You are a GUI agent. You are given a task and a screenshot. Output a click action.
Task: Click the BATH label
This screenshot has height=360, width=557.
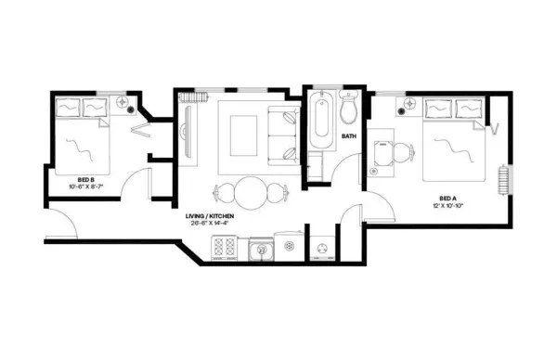click(349, 136)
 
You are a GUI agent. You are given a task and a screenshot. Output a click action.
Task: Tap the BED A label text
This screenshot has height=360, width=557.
click(448, 198)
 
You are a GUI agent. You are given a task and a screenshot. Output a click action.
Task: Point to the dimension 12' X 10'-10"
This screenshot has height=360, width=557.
click(448, 205)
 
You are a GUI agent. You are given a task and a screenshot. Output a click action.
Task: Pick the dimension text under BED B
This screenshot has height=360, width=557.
click(88, 186)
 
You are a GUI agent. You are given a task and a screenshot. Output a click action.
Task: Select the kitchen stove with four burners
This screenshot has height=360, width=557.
click(226, 247)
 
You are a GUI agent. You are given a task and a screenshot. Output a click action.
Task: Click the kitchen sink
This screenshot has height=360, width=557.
click(260, 248)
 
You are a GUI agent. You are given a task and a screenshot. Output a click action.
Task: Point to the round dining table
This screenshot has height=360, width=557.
click(250, 193)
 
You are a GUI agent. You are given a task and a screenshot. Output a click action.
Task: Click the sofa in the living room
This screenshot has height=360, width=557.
click(281, 134)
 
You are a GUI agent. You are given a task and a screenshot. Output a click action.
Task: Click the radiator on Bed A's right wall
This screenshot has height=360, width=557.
click(504, 179)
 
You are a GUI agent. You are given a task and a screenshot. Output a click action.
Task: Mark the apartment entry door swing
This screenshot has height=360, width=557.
click(60, 223)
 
